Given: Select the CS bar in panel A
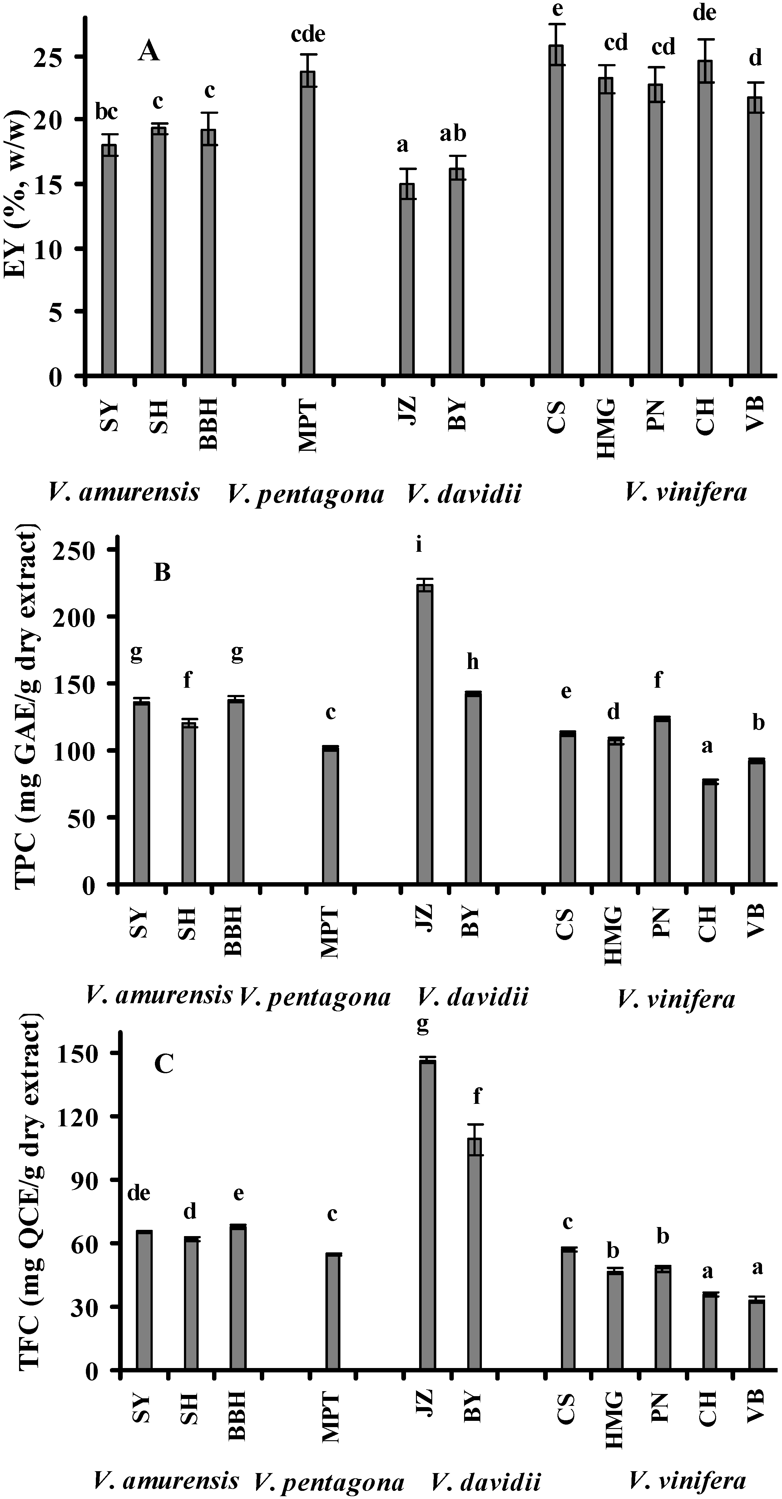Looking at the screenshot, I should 557,209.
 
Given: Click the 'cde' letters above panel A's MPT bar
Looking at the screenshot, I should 308,34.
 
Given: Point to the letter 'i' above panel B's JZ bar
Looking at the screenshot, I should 418,545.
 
